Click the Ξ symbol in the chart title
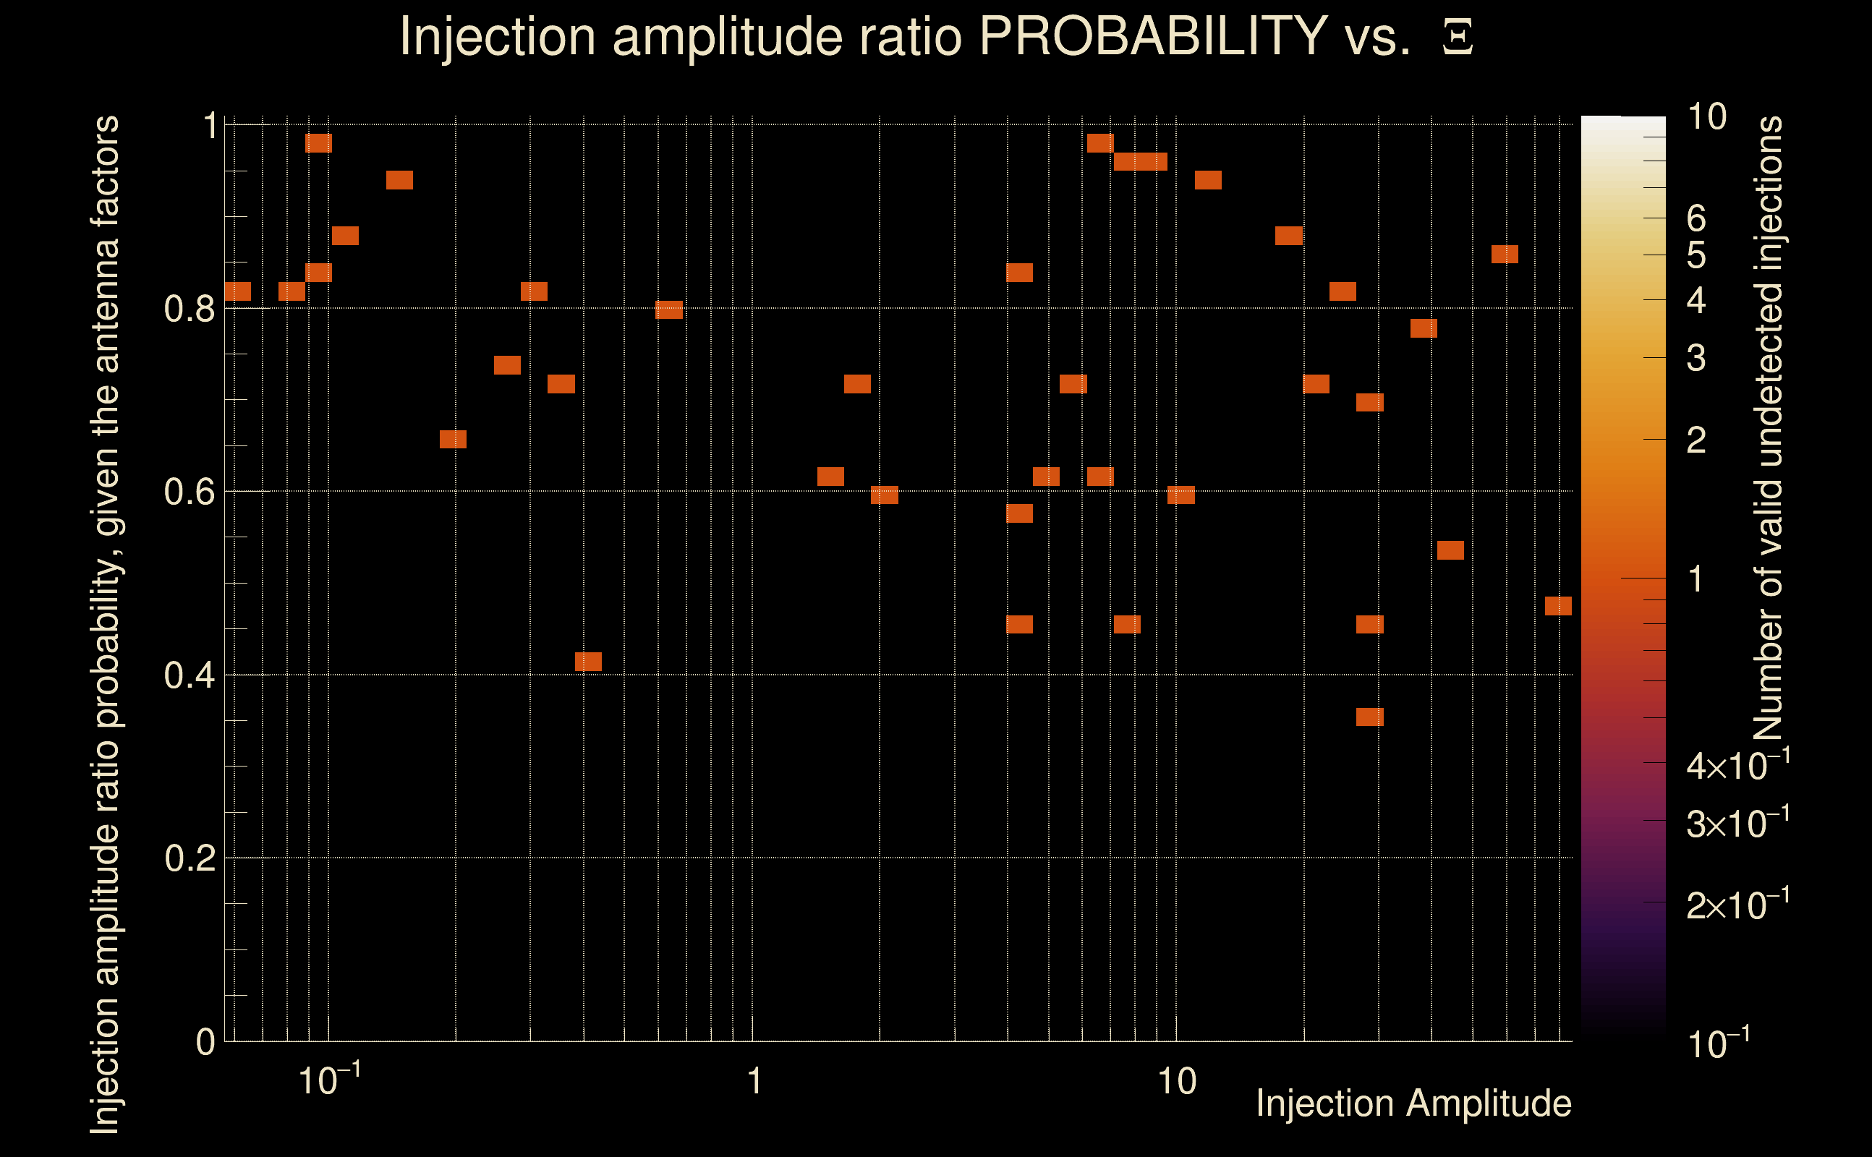click(1458, 38)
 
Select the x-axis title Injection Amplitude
click(1413, 1103)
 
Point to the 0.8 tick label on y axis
click(190, 309)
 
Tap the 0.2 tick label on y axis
click(190, 858)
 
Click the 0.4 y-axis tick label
click(190, 675)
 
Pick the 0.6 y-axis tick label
click(190, 492)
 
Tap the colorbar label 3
click(1696, 358)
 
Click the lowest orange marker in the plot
click(1370, 717)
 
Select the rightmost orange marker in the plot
click(1558, 606)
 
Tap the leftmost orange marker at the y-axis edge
click(238, 291)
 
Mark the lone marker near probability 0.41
click(588, 662)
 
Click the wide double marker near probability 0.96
click(1141, 161)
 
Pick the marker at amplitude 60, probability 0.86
click(1505, 254)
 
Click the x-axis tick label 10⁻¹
click(329, 1080)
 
